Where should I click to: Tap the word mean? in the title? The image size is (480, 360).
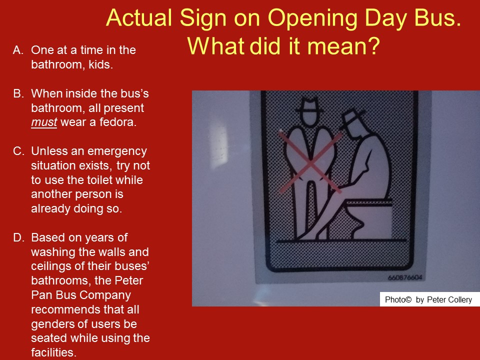tap(343, 46)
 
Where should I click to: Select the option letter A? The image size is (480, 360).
tap(18, 50)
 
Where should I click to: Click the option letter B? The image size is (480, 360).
tap(18, 93)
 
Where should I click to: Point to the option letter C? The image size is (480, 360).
tap(18, 151)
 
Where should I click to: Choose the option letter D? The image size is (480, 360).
tap(18, 237)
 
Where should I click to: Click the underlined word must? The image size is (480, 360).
tap(44, 122)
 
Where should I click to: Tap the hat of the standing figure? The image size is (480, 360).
tap(309, 106)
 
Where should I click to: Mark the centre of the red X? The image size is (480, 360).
tap(310, 162)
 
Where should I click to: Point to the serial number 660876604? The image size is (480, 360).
tap(404, 277)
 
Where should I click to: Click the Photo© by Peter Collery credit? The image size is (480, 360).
tap(428, 299)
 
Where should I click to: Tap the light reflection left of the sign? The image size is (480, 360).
tap(219, 147)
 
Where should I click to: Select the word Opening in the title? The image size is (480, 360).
tap(312, 18)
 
